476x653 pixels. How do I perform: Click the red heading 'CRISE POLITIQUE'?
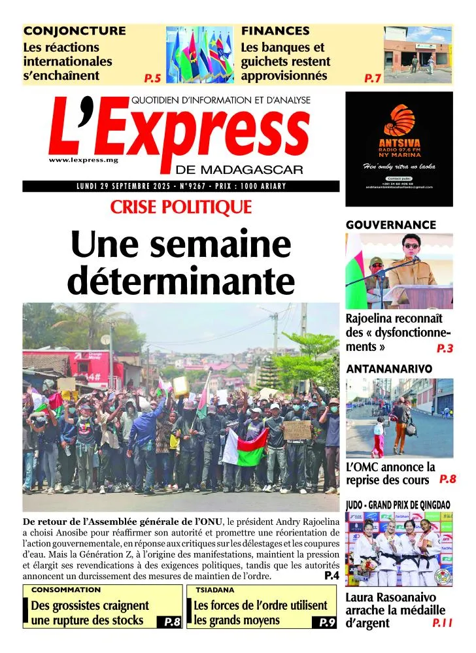pyautogui.click(x=181, y=207)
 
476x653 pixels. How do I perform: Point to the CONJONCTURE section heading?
pyautogui.click(x=75, y=30)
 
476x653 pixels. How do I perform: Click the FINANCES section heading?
pyautogui.click(x=275, y=30)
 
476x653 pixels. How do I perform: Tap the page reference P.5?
pyautogui.click(x=152, y=78)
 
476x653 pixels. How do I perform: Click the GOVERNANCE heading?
pyautogui.click(x=390, y=225)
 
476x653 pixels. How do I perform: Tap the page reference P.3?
pyautogui.click(x=445, y=348)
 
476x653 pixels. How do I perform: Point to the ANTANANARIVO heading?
pyautogui.click(x=389, y=369)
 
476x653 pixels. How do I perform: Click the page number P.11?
pyautogui.click(x=442, y=623)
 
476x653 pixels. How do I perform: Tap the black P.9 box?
pyautogui.click(x=327, y=622)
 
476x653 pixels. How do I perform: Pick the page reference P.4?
pyautogui.click(x=331, y=576)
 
